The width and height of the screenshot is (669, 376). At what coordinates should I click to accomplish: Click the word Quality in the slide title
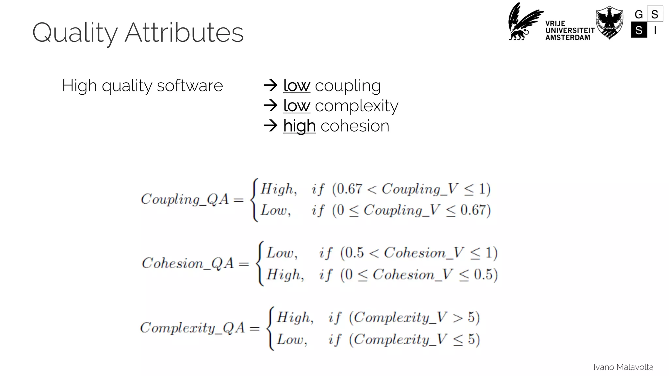point(75,33)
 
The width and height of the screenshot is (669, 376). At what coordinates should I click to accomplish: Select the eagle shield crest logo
point(609,22)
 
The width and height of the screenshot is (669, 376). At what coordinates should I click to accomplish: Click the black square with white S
point(639,30)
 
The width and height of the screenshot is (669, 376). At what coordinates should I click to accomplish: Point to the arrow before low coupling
point(270,86)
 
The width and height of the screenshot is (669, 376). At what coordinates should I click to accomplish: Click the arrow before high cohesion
point(270,126)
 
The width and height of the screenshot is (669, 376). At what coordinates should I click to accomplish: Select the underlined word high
point(299,126)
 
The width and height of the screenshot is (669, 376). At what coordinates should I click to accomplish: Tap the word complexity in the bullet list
point(356,106)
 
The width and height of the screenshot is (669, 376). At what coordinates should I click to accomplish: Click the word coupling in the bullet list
point(348,86)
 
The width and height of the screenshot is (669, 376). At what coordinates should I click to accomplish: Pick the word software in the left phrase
point(190,86)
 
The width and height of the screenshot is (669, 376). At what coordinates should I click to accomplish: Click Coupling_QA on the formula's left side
point(185,199)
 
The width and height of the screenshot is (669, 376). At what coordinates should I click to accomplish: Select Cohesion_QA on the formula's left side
point(188,263)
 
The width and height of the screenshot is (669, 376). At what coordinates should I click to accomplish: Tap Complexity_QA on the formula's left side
point(192,327)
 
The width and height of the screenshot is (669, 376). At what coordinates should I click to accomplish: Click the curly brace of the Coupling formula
point(254,200)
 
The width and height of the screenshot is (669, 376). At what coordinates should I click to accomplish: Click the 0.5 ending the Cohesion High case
point(483,274)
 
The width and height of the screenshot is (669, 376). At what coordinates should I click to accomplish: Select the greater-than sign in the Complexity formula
point(458,317)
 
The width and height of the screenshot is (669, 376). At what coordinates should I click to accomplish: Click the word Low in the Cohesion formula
point(281,253)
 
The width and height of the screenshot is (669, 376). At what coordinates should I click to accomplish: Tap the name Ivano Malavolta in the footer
point(623,367)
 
